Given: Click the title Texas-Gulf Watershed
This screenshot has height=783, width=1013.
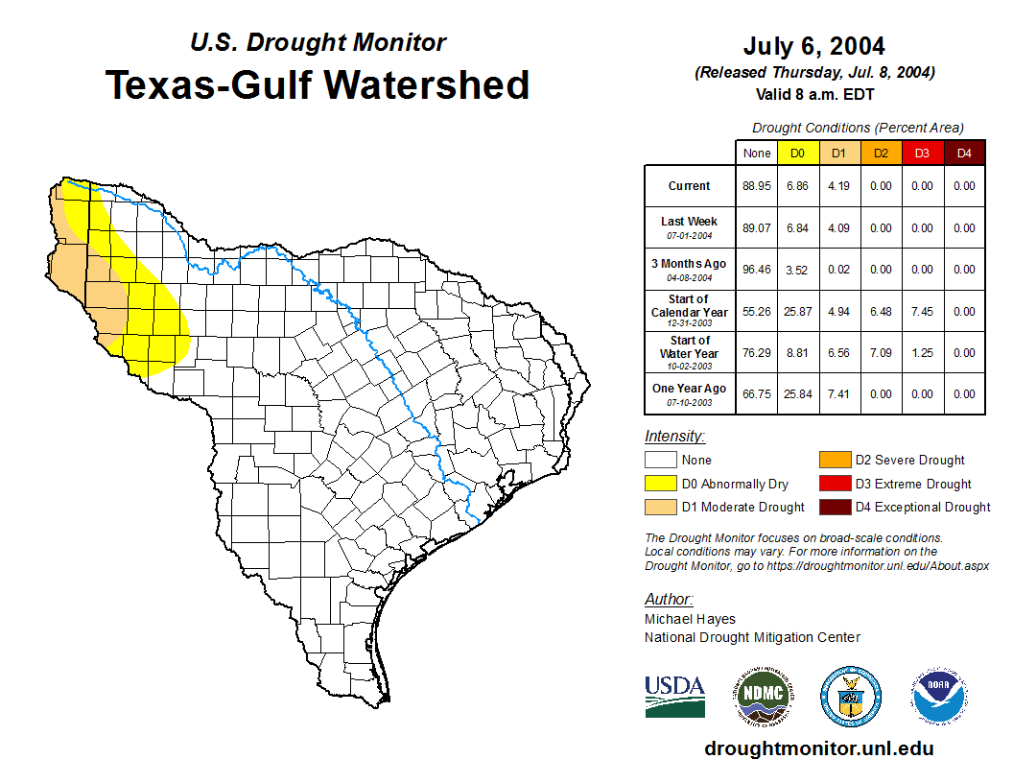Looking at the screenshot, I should tap(317, 84).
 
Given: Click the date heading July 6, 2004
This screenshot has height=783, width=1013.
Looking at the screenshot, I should tap(813, 46).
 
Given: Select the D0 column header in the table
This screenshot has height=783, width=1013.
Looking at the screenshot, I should tap(797, 154).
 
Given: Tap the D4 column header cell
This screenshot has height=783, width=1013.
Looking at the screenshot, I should tap(964, 154).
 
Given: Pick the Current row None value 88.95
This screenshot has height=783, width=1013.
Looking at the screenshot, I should tap(757, 186).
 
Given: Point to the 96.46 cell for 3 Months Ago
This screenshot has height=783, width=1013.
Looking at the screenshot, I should tap(757, 270).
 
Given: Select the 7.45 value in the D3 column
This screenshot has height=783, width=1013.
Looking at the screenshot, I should tap(922, 311).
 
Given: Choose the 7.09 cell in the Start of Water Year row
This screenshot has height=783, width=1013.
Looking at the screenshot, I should tap(881, 352).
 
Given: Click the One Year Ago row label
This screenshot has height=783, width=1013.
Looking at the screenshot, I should tap(689, 389).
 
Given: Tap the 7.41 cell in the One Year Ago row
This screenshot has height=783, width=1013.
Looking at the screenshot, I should tap(838, 393).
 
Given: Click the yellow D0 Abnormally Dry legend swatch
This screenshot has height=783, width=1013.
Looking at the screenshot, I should tap(660, 484).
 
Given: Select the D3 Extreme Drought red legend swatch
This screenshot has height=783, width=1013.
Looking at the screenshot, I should tap(834, 484).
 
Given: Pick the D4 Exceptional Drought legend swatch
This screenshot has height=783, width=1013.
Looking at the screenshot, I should tap(834, 507).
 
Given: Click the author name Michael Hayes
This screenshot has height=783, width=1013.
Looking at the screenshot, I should tap(690, 619).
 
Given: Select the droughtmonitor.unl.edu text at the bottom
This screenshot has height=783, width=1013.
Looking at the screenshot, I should tap(818, 748).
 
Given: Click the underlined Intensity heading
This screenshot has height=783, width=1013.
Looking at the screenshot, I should tap(674, 437).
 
